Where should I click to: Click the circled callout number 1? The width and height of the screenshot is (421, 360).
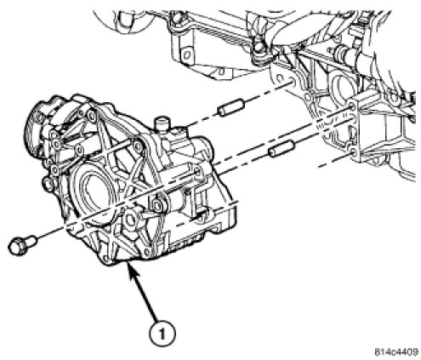pos(162,334)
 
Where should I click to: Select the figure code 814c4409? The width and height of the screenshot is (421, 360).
pos(396,352)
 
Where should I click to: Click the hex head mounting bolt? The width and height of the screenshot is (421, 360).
pos(22,245)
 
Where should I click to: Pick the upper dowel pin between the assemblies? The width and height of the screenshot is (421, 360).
pos(230,108)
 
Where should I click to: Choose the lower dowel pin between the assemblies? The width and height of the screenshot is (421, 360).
pos(282,149)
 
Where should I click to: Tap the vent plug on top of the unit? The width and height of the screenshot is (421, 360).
pos(162,125)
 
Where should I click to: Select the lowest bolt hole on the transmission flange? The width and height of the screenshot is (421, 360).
pos(354,153)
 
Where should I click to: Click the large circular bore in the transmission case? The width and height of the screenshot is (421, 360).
pos(343,88)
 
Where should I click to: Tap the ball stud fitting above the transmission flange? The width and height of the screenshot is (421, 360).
pos(259,49)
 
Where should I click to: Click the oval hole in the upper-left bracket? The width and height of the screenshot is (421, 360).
pos(185,54)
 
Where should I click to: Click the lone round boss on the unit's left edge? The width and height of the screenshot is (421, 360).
pos(48,185)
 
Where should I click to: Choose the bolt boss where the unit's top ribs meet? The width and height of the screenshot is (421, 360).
pos(138,145)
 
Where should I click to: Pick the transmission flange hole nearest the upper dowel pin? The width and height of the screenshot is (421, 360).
pos(282,79)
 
